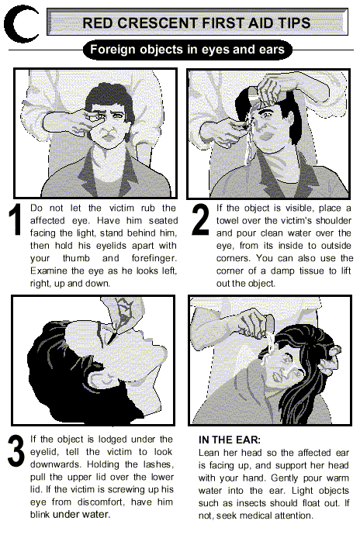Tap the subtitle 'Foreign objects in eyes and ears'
pos(187,50)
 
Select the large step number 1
pos(15,220)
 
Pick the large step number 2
pos(201,219)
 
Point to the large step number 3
pos(16,451)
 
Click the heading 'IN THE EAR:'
pos(230,440)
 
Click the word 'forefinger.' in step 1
pos(154,258)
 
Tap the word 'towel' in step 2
pos(228,221)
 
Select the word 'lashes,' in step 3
pos(157,464)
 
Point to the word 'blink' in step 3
pos(40,514)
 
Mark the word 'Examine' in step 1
pos(47,271)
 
